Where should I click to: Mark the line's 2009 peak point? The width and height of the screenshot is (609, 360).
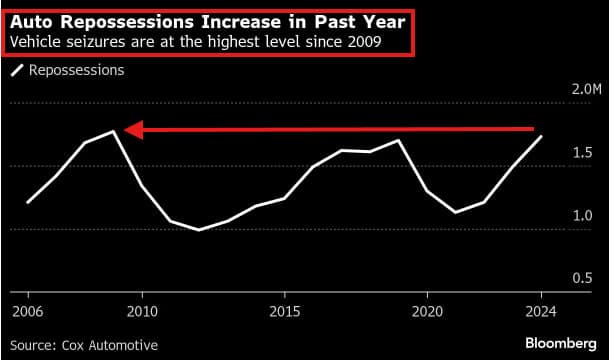[114, 131]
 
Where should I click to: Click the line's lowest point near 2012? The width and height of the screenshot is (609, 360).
[199, 230]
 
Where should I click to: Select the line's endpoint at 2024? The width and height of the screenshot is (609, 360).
[541, 136]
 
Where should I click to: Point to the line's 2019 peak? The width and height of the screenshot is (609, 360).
[399, 140]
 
